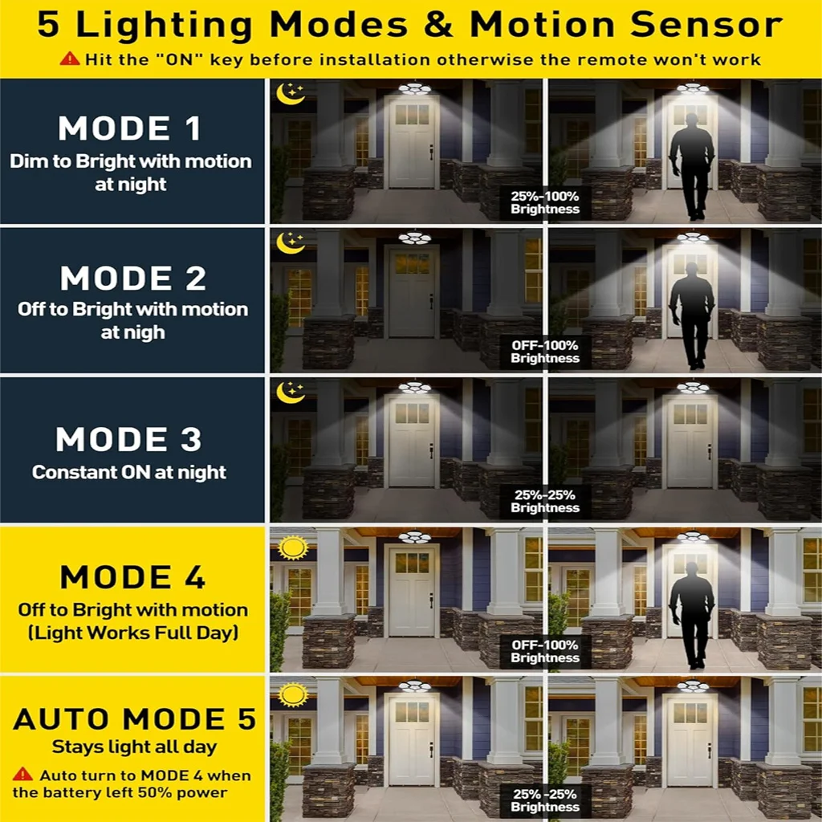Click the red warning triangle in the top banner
pyautogui.click(x=70, y=59)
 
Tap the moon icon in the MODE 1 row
pyautogui.click(x=291, y=93)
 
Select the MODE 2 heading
pyautogui.click(x=132, y=278)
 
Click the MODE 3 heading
pyautogui.click(x=128, y=439)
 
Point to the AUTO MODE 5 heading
pyautogui.click(x=135, y=718)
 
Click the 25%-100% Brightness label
pyautogui.click(x=545, y=202)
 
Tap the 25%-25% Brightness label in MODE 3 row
pyautogui.click(x=545, y=501)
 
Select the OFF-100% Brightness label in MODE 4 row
pyautogui.click(x=545, y=651)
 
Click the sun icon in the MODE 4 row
pyautogui.click(x=293, y=547)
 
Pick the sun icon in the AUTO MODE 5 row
pyautogui.click(x=293, y=695)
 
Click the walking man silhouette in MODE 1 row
pyautogui.click(x=692, y=166)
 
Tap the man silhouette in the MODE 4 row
pyautogui.click(x=692, y=615)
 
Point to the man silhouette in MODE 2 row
pyautogui.click(x=692, y=315)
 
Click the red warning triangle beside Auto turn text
pyautogui.click(x=22, y=775)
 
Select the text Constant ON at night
pyautogui.click(x=129, y=472)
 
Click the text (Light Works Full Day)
pyautogui.click(x=133, y=633)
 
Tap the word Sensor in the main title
pyautogui.click(x=706, y=24)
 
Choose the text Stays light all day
pyautogui.click(x=134, y=747)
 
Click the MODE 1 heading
pyautogui.click(x=129, y=128)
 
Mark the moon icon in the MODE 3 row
pyautogui.click(x=291, y=392)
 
